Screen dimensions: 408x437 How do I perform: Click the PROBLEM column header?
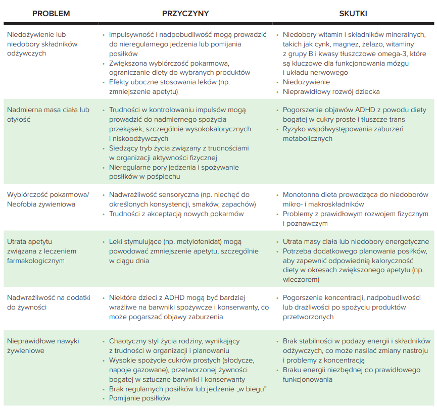[51, 13]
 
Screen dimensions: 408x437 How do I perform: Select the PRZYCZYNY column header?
[185, 13]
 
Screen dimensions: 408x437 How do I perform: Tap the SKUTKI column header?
[353, 13]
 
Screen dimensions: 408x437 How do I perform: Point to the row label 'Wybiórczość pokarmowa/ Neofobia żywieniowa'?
[48, 199]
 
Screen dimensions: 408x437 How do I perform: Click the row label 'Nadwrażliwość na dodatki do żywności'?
[48, 302]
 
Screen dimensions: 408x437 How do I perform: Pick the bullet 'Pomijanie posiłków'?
[139, 398]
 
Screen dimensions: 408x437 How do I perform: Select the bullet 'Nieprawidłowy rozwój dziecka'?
[331, 91]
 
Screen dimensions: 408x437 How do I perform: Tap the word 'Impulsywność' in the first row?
[132, 34]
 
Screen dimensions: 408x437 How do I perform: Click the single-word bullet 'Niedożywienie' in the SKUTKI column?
[306, 82]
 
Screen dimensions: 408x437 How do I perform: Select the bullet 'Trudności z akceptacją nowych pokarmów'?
[176, 214]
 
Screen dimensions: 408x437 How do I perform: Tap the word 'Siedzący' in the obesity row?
[123, 148]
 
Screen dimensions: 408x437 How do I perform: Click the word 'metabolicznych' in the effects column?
[308, 139]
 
